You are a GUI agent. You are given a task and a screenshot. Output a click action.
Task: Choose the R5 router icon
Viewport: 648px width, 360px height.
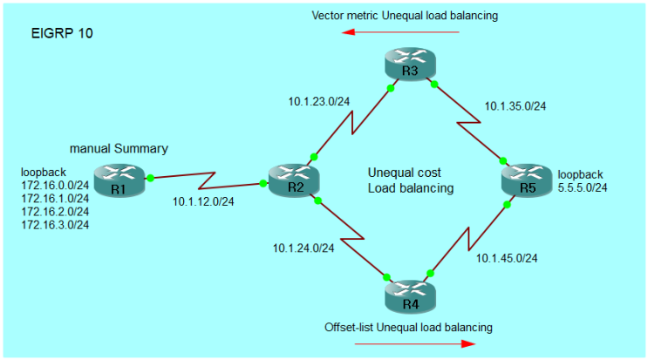526,182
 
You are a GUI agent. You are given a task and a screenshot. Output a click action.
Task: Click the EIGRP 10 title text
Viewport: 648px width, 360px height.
63,34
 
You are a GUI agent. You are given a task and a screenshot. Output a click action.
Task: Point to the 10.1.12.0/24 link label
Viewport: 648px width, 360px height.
203,202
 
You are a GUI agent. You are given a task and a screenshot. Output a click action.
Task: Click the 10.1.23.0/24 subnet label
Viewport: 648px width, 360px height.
319,101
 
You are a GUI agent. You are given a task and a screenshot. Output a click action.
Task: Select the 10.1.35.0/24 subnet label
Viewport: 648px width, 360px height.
515,108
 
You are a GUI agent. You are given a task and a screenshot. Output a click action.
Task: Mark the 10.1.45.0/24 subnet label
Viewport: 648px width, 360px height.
506,257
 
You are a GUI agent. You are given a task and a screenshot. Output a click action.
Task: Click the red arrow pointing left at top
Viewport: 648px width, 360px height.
400,32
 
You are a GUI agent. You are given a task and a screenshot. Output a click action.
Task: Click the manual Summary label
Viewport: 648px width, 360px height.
119,148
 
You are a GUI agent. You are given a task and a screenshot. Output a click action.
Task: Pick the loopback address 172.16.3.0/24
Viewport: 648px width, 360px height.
55,224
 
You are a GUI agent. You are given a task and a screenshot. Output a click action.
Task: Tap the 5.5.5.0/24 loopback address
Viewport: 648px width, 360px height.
583,187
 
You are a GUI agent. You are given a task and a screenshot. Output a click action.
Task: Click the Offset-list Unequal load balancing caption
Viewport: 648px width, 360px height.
408,327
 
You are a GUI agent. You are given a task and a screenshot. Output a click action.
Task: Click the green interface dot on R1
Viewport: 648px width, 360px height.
150,178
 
